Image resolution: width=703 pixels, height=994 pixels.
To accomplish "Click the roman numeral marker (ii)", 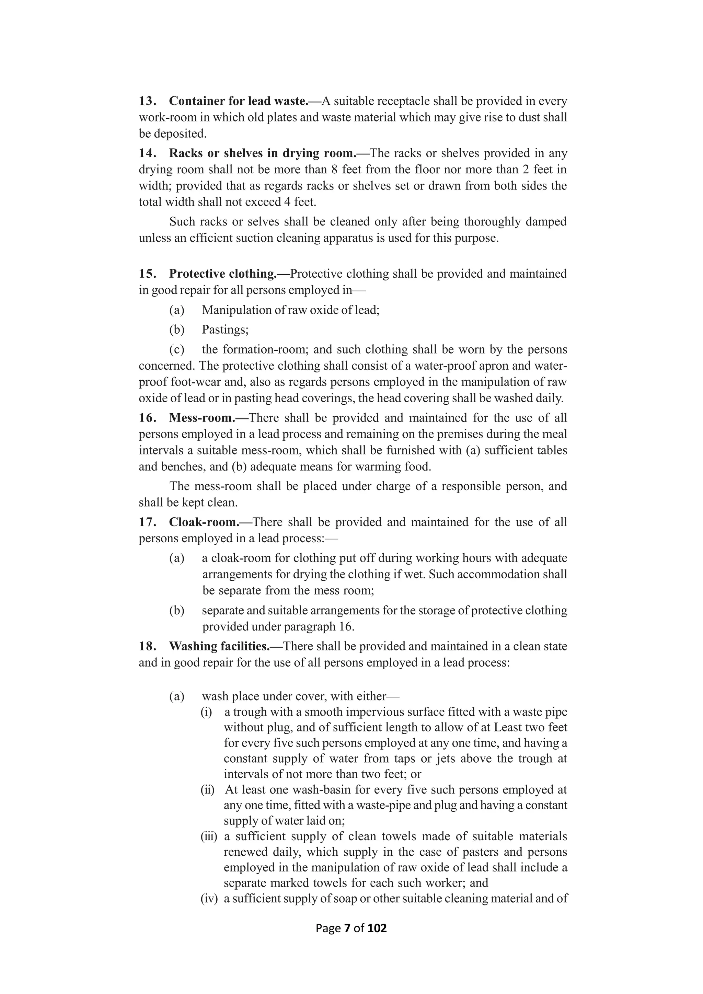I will [207, 790].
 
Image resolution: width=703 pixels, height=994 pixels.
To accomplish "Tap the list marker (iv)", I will [208, 899].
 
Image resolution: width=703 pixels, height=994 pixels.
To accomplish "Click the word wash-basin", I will [315, 790].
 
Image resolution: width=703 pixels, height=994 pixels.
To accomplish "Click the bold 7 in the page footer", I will [347, 928].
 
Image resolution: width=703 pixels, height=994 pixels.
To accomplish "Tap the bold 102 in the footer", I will [377, 928].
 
